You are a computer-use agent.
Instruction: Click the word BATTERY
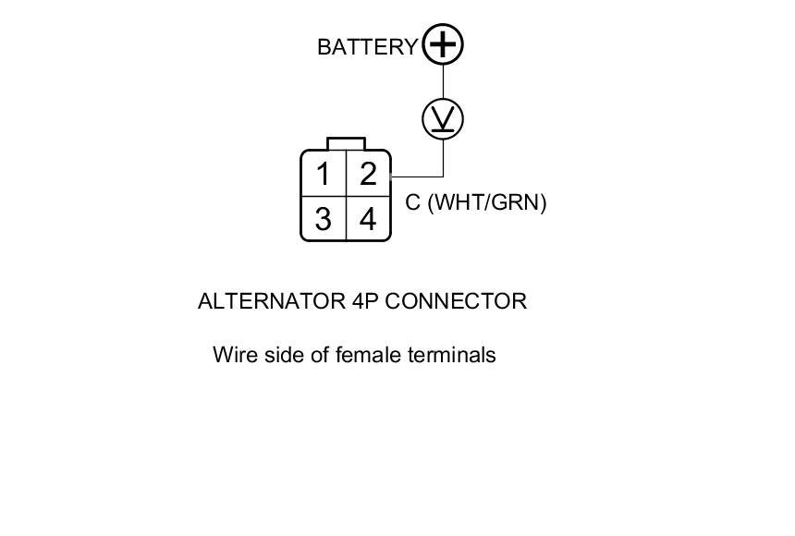[367, 47]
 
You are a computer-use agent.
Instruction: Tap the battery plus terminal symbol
[443, 44]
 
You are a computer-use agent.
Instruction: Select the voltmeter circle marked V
[443, 119]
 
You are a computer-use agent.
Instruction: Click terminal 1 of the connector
[323, 174]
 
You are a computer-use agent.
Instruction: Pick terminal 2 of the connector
[368, 174]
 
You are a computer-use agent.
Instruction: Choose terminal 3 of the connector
[323, 219]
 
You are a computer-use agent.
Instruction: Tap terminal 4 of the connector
[368, 219]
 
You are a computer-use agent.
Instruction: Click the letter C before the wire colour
[413, 202]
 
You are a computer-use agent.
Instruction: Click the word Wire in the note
[233, 355]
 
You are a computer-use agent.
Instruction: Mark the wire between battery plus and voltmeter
[443, 82]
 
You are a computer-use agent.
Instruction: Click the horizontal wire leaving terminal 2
[417, 177]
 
